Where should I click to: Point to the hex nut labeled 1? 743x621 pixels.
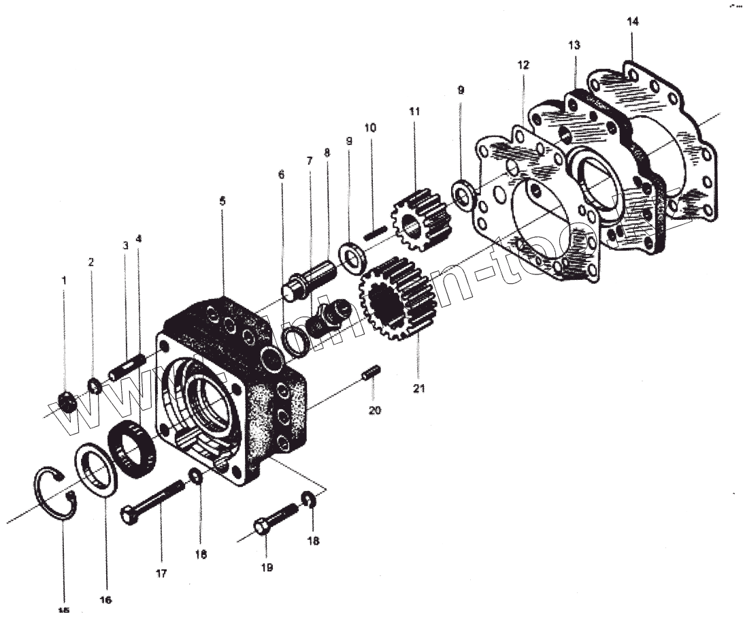pos(66,402)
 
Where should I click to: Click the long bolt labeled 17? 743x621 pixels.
pos(152,502)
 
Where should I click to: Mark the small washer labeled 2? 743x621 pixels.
pos(94,387)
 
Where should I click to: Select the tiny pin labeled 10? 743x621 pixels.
pos(374,232)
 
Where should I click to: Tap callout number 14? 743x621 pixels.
pos(633,22)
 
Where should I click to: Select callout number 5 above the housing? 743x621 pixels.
pos(222,201)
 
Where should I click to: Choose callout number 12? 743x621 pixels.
pos(523,65)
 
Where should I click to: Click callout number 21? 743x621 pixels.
pos(418,389)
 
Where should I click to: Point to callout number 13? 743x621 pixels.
pos(574,46)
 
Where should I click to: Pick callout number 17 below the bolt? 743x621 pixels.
pos(161,573)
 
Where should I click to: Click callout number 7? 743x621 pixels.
pos(310,161)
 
